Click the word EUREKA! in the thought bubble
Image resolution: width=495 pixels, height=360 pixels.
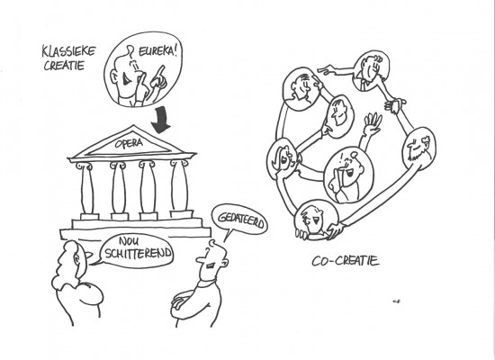157,51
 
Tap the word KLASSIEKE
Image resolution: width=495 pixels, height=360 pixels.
68,51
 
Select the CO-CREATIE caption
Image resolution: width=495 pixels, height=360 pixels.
346,261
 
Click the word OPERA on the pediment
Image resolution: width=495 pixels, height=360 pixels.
129,144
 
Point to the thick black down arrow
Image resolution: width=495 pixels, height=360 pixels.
161,121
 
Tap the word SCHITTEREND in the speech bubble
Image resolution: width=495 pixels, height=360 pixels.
139,253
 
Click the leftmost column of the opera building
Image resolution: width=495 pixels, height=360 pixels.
86,189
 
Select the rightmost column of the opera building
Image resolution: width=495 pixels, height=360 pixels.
180,187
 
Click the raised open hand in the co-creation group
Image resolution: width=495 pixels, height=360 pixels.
373,124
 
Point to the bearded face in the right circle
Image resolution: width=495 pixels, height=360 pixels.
418,148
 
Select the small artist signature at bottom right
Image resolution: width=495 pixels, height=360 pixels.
397,301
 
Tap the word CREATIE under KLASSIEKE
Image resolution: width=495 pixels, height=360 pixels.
65,66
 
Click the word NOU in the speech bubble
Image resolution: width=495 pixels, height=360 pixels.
129,241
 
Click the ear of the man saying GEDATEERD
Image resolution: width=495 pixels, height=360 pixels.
224,263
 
